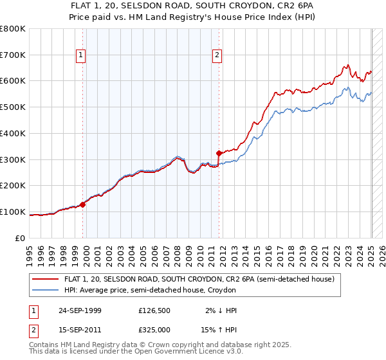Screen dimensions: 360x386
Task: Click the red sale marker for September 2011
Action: (219, 153)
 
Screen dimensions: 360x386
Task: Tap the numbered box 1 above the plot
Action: (81, 56)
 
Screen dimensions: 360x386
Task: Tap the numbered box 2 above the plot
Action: (217, 56)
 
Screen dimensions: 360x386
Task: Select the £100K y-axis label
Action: (12, 212)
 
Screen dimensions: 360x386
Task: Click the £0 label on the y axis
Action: (21, 238)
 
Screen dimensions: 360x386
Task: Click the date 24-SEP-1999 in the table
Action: (79, 310)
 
